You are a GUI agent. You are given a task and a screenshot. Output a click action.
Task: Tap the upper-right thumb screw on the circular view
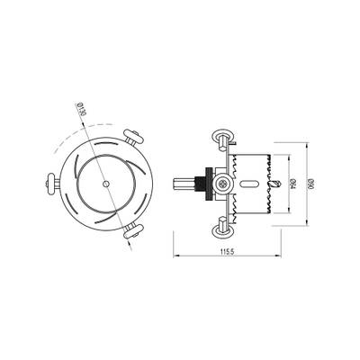pyautogui.click(x=135, y=139)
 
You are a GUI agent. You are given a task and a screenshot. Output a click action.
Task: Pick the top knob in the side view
pyautogui.click(x=221, y=138)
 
